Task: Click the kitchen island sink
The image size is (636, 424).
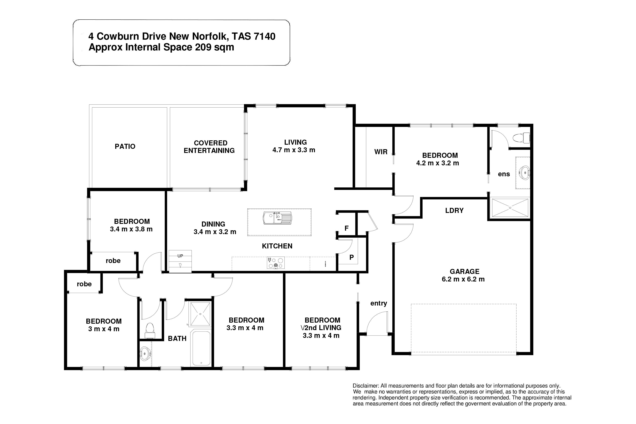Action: pyautogui.click(x=278, y=218)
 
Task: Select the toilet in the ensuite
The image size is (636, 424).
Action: pyautogui.click(x=521, y=138)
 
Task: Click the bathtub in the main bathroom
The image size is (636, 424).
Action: pyautogui.click(x=201, y=348)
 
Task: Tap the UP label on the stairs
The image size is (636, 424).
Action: pyautogui.click(x=180, y=256)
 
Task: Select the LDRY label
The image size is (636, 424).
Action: pyautogui.click(x=454, y=210)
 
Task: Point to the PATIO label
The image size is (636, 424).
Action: pyautogui.click(x=125, y=146)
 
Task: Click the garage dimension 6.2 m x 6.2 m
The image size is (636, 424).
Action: pyautogui.click(x=463, y=279)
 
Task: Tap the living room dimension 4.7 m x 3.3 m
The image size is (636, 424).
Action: pyautogui.click(x=294, y=150)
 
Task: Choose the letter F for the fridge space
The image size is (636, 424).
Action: pyautogui.click(x=346, y=228)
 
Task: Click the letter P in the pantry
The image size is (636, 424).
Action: pyautogui.click(x=351, y=257)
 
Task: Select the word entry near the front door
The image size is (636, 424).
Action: pyautogui.click(x=379, y=303)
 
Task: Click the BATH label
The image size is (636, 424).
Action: pyautogui.click(x=177, y=339)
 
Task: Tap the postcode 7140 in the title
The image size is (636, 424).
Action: pyautogui.click(x=265, y=36)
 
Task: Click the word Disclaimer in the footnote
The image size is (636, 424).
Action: pyautogui.click(x=365, y=386)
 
